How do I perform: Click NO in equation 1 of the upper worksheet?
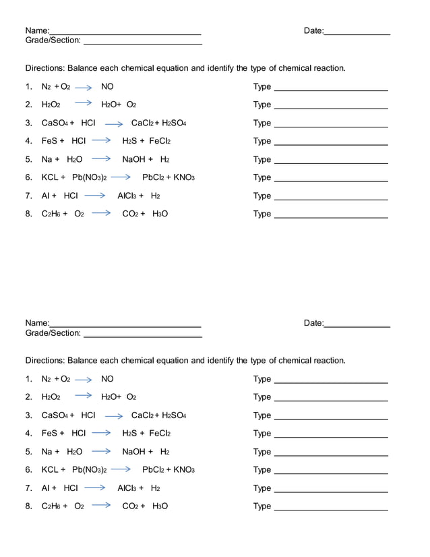tap(107, 86)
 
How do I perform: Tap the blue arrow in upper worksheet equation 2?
tap(83, 102)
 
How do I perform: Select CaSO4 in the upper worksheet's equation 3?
tap(55, 123)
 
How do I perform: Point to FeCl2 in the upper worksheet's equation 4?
tap(160, 142)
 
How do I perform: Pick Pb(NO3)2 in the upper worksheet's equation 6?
tap(90, 178)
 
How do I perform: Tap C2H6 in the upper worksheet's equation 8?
tap(51, 214)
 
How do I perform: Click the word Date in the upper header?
tap(313, 31)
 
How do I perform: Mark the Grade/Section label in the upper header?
tap(53, 40)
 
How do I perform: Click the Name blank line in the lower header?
tap(125, 326)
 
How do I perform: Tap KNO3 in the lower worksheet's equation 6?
tap(184, 470)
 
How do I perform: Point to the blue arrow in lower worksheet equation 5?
tap(101, 451)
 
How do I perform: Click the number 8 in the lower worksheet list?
tap(28, 506)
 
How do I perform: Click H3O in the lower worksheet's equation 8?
tap(160, 506)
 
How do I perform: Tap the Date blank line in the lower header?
tap(357, 326)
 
